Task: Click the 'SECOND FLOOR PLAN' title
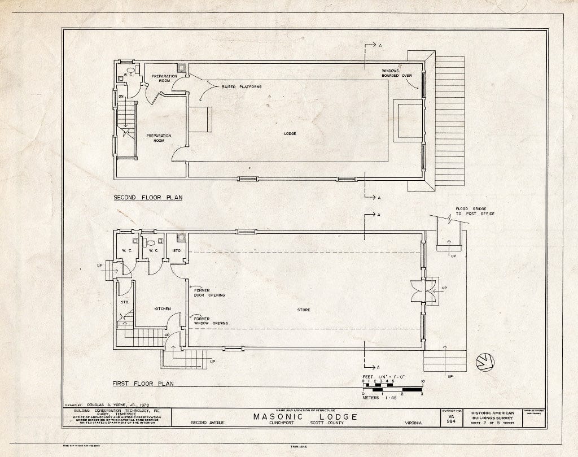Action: click(x=147, y=198)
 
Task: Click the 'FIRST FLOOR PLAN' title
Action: click(x=142, y=384)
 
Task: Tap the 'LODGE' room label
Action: click(x=290, y=133)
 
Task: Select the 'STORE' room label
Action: click(x=304, y=310)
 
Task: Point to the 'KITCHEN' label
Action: click(x=163, y=309)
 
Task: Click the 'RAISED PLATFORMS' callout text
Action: click(x=241, y=86)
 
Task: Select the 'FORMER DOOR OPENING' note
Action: click(x=209, y=293)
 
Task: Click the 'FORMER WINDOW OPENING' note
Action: click(x=211, y=321)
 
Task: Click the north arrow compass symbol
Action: click(x=484, y=362)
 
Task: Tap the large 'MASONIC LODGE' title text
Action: click(x=305, y=417)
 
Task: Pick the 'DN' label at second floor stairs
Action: click(x=120, y=97)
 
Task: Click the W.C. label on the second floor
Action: click(x=128, y=75)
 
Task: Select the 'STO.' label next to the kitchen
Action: click(x=125, y=302)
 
